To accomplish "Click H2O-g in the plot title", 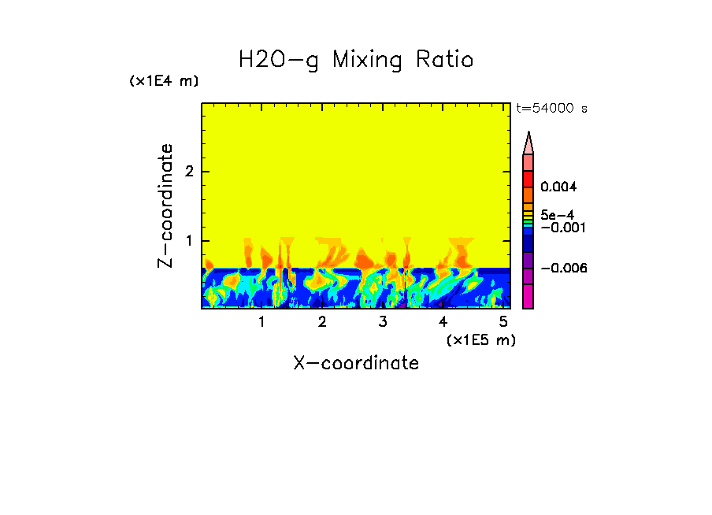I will tap(279, 60).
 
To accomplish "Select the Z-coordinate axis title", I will tap(165, 206).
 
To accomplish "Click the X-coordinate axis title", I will tap(356, 363).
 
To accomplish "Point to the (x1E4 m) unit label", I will tap(164, 81).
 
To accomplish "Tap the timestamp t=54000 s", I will tap(551, 109).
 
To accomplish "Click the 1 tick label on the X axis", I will tap(261, 321).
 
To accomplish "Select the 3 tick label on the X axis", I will tap(383, 321).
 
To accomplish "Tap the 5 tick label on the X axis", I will tap(503, 321).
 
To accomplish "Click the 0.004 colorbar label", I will tap(558, 187).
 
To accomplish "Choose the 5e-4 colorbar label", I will tap(556, 214).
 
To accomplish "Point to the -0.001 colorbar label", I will tap(560, 227).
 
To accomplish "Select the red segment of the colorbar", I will tap(528, 179).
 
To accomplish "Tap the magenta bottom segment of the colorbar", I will tap(528, 296).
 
